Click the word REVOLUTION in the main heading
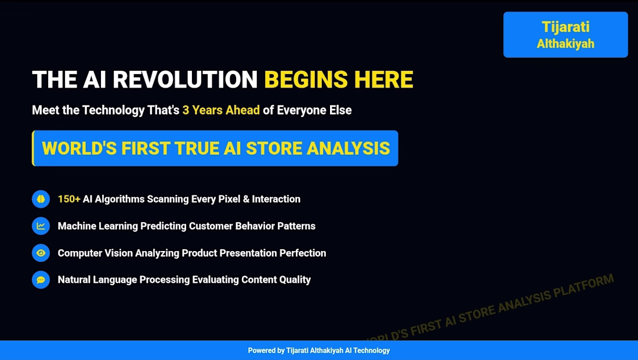point(185,79)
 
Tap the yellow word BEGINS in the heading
point(306,79)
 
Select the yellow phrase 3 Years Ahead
point(221,110)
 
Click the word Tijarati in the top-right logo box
point(565,27)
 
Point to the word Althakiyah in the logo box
point(565,43)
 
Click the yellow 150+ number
point(69,199)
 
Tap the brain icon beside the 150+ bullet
point(41,199)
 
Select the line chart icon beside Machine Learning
point(41,226)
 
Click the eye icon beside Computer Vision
point(41,253)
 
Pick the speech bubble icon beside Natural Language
point(41,279)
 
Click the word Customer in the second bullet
point(211,226)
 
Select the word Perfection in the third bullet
point(303,253)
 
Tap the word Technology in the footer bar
point(371,351)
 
